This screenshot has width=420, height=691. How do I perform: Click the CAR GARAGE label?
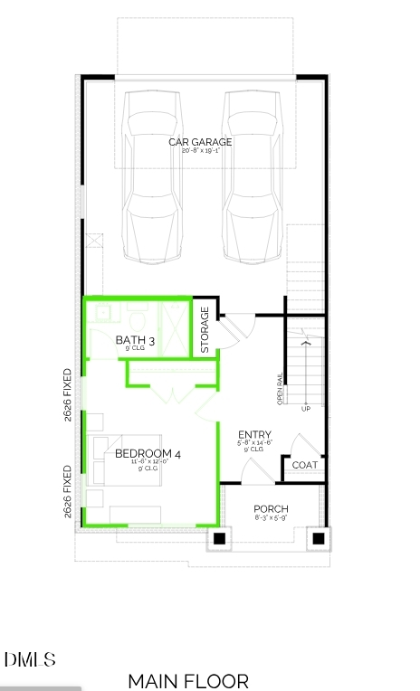point(200,142)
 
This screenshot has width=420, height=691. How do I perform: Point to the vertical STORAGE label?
point(205,329)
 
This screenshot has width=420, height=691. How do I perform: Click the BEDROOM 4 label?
point(148,454)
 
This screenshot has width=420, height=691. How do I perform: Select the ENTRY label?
point(254,435)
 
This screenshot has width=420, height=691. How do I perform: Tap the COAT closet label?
point(304,465)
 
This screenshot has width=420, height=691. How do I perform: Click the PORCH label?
point(271,509)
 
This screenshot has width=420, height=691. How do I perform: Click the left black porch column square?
point(219,539)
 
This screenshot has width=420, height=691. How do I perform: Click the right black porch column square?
point(318,539)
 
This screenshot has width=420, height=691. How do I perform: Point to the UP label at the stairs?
point(305,408)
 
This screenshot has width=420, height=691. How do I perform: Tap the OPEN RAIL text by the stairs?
point(280,390)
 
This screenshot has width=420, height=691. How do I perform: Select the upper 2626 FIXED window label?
point(68,394)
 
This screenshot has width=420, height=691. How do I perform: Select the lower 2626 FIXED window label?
point(68,492)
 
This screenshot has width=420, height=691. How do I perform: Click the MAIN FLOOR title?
point(188,680)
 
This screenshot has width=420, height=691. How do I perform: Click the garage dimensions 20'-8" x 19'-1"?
point(200,151)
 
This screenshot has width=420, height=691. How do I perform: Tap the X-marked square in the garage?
point(95,241)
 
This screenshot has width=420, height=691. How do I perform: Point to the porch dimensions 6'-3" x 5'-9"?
point(271,518)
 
